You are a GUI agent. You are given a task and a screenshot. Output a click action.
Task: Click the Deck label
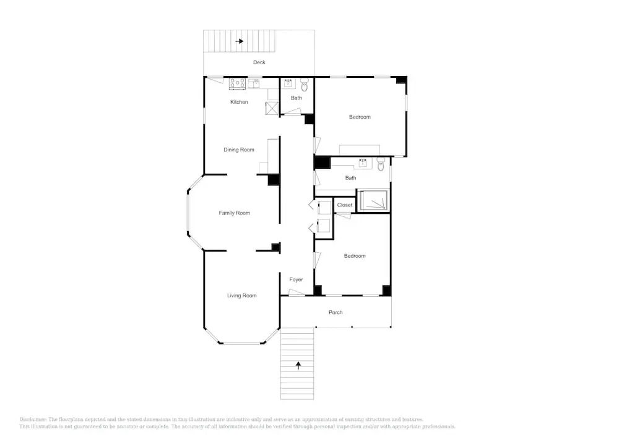pos(259,62)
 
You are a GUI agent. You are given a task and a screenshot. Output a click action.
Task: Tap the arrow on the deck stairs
pos(239,41)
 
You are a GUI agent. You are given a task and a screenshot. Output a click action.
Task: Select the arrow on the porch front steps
pos(298,366)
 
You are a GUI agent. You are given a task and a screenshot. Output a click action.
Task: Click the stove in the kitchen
pos(238,83)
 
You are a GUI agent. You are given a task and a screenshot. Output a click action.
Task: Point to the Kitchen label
pos(239,102)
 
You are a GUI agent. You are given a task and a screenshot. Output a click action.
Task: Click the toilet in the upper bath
pos(305,85)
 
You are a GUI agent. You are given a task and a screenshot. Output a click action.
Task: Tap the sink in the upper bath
pos(288,83)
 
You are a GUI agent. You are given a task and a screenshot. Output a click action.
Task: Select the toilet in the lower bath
pos(381,164)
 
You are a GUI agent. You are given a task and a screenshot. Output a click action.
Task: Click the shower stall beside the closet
pos(373,200)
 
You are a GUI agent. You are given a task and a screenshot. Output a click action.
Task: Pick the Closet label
pos(345,205)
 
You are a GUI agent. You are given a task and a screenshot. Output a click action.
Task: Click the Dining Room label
pos(239,150)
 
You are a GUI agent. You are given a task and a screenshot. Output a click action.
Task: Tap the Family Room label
pos(235,213)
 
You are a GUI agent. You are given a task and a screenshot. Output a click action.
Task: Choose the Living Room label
pos(241,295)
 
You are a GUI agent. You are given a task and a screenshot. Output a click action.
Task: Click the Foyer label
pos(296,279)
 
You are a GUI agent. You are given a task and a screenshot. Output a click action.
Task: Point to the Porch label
pos(335,313)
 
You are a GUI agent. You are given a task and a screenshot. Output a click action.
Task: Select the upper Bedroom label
pos(360,117)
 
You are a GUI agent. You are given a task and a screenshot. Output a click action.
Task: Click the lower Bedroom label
pos(355,256)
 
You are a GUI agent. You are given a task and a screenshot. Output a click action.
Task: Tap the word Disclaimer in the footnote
pos(33,420)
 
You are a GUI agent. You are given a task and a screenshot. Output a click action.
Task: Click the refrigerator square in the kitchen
pos(272,108)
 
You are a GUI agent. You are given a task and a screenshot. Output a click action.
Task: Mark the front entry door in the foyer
pos(297,293)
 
